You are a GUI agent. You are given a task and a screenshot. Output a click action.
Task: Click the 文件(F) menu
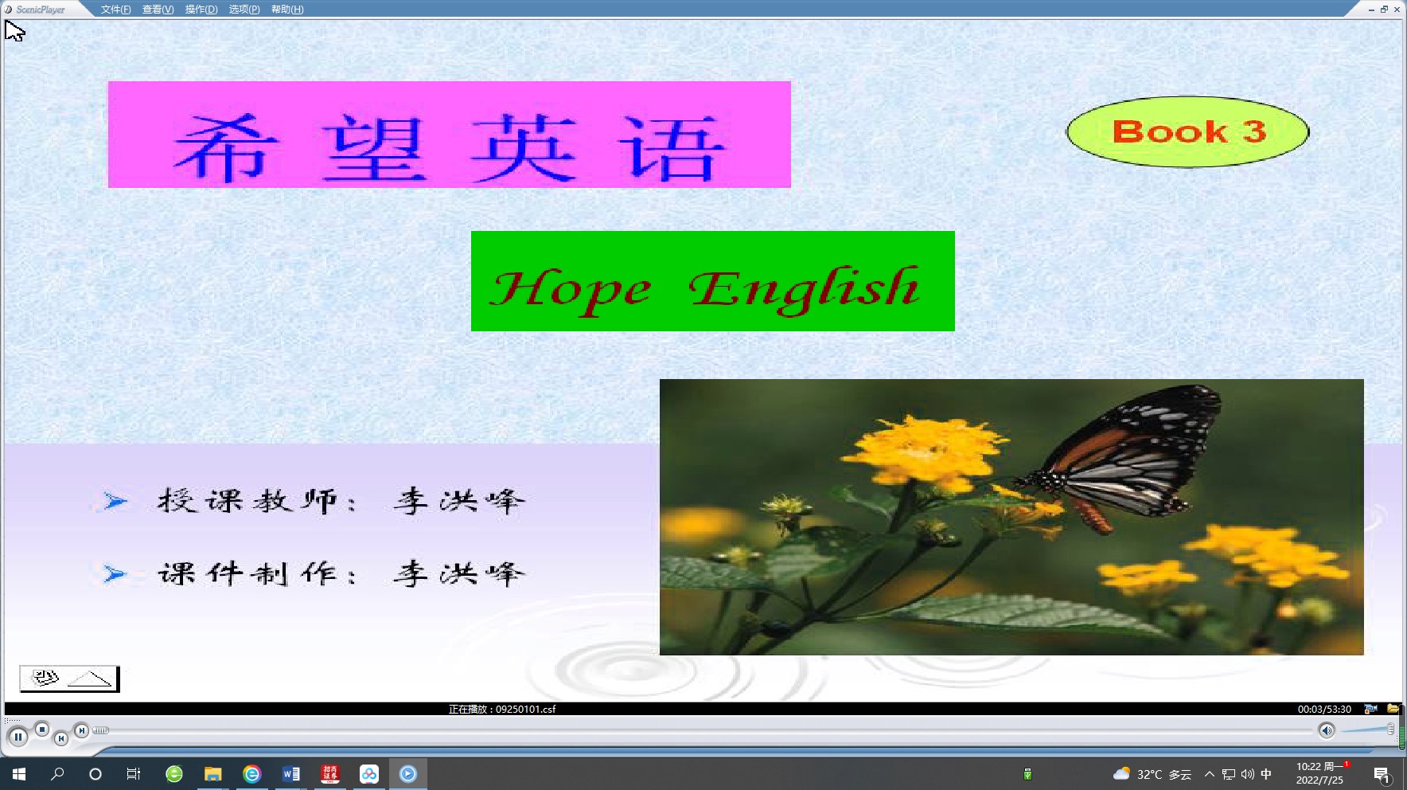click(115, 10)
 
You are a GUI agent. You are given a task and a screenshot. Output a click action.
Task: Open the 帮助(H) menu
click(287, 10)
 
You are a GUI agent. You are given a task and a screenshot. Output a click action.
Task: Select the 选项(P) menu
click(244, 10)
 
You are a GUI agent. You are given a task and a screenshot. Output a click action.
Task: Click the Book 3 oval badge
click(1187, 132)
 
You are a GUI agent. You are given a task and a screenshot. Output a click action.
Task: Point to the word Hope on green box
click(571, 290)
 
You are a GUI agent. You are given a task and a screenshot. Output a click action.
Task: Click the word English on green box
click(804, 288)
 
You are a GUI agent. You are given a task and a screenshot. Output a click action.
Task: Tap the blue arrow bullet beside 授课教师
click(115, 501)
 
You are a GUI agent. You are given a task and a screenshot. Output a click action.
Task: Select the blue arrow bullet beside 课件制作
click(115, 573)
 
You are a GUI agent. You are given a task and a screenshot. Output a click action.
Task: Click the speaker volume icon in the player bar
click(1326, 730)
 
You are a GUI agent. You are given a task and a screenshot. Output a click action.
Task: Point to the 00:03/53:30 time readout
click(1324, 709)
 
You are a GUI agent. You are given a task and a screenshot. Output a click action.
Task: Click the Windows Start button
click(19, 774)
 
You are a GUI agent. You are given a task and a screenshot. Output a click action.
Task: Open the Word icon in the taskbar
click(291, 774)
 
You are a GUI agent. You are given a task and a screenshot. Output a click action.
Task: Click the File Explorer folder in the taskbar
click(212, 774)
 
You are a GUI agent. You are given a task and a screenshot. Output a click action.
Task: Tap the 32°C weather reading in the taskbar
click(1149, 774)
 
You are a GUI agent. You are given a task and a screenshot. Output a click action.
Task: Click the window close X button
click(1397, 10)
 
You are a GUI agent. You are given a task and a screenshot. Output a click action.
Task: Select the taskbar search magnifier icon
click(57, 774)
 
